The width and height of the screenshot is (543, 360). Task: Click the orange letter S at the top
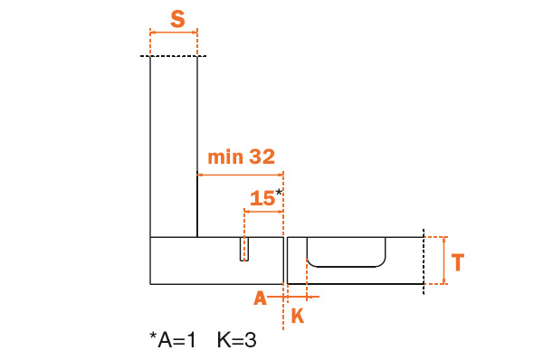177,19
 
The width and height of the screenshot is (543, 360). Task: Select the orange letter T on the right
458,262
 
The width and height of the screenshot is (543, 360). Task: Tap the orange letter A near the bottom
261,298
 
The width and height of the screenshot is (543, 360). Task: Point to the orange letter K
298,316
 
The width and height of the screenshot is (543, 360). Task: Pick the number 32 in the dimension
262,156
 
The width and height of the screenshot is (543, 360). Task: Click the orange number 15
262,198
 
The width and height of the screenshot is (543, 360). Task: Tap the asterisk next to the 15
279,193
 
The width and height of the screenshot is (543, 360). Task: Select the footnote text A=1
177,340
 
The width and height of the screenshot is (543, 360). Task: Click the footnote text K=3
237,340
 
